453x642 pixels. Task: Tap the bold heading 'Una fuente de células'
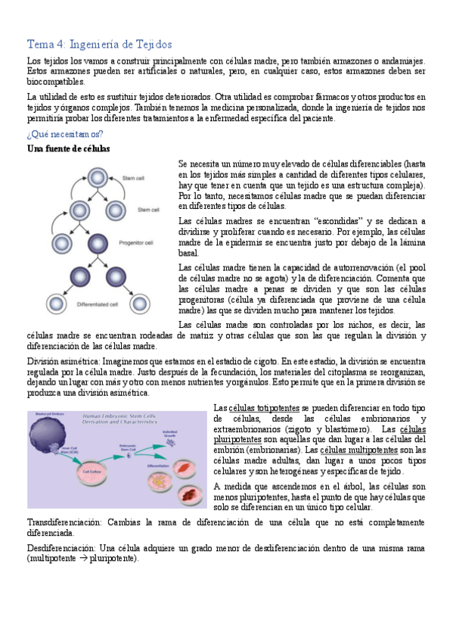(x=68, y=149)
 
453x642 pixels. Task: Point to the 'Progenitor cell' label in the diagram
(x=136, y=242)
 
